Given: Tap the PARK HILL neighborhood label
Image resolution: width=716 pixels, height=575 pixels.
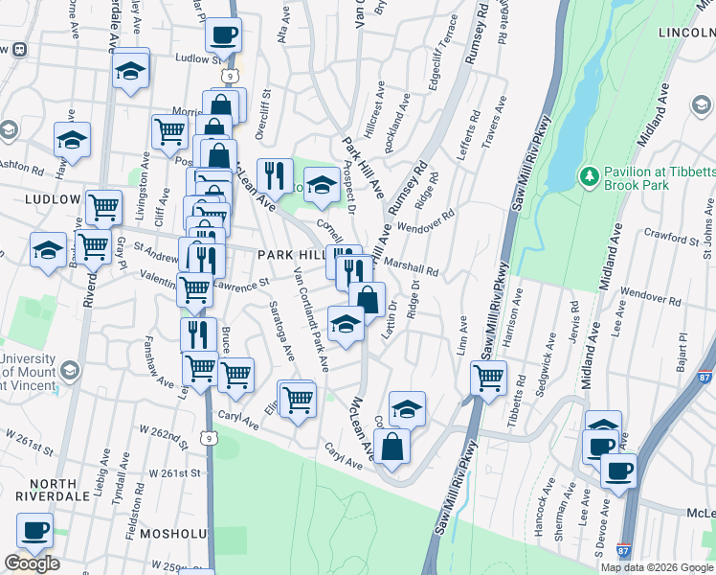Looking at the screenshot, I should click(291, 254).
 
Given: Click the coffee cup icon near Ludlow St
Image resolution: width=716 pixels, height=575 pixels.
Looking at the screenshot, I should click(223, 35).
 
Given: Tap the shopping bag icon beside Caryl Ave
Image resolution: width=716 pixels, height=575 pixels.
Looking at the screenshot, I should click(392, 446).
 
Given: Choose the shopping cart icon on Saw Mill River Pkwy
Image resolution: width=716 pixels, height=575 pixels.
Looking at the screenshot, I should click(488, 378).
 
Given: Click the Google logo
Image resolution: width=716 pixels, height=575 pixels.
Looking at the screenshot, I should click(32, 563).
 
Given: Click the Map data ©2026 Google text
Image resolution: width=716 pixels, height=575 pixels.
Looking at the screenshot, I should click(656, 567).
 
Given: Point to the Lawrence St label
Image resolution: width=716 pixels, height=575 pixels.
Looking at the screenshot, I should click(235, 284).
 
